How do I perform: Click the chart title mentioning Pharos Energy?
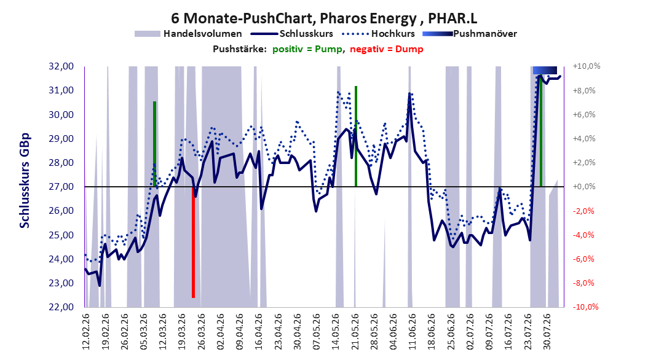point(324,18)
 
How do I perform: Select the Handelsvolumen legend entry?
point(188,34)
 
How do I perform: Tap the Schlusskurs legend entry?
point(292,34)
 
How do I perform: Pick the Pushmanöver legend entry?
point(470,34)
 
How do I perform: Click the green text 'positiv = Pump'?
point(307,49)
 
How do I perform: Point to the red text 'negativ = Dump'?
point(387,49)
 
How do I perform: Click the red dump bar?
point(193,242)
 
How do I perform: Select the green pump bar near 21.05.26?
point(356,136)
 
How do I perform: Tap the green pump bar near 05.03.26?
point(154,144)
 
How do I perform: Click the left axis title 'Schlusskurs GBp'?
point(25,181)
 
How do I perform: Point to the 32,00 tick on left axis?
point(61,66)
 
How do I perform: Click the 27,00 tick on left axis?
point(61,187)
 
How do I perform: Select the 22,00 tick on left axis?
point(61,307)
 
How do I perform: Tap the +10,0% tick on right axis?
point(587,66)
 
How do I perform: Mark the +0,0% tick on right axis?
point(584,187)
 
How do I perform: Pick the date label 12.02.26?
point(86,332)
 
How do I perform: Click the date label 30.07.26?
point(547,332)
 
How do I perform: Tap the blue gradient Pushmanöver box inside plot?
point(545,70)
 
